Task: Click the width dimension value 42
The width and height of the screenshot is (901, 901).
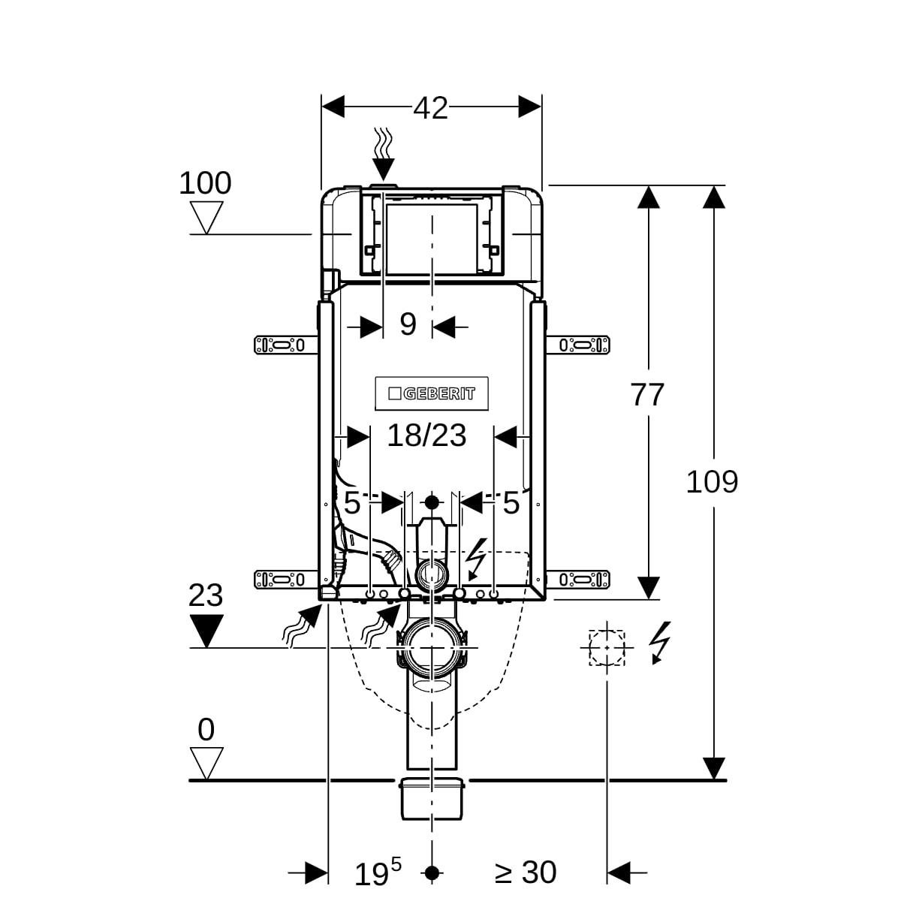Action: [430, 108]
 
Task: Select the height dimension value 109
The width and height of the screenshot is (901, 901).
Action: [712, 481]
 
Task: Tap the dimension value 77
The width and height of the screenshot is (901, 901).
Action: [647, 395]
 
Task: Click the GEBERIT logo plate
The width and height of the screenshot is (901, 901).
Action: [432, 393]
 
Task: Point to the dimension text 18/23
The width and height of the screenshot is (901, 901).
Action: [426, 435]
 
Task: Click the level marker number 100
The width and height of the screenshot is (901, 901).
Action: [205, 183]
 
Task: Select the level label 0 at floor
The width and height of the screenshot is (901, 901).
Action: [206, 730]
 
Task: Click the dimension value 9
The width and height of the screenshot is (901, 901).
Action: [408, 324]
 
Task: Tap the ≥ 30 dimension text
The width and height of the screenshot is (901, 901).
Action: [526, 872]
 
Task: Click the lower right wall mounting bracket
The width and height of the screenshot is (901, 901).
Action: [583, 579]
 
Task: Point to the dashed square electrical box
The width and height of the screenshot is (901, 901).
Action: [607, 647]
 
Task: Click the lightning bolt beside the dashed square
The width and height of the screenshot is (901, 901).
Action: [658, 642]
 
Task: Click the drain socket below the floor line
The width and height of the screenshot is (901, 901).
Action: [432, 800]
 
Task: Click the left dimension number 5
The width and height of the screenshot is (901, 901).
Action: [351, 503]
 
